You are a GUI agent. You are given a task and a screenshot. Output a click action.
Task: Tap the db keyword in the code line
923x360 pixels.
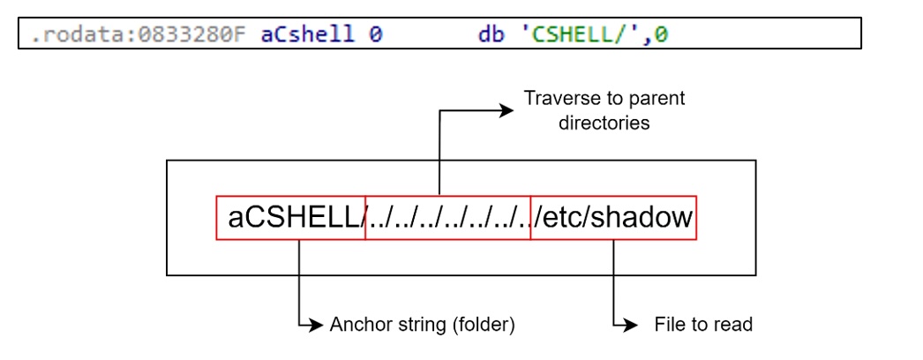(490, 35)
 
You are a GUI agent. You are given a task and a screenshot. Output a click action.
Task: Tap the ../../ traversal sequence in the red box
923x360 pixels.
(447, 218)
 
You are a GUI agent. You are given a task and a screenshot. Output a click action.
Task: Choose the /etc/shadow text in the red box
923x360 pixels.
(614, 217)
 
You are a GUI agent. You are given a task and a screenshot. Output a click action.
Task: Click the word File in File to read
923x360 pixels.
(669, 325)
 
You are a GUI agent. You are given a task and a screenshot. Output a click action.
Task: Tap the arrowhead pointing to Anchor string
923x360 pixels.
(318, 325)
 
